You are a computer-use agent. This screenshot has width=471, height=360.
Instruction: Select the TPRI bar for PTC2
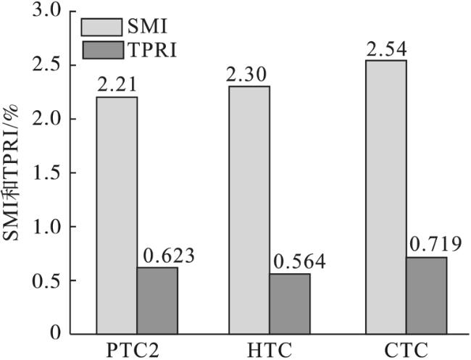[157, 301]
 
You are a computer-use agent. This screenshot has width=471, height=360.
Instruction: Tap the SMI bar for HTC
[249, 210]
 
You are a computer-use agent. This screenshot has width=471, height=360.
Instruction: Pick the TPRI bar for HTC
[290, 304]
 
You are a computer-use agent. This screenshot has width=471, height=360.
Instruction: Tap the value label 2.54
[386, 51]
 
